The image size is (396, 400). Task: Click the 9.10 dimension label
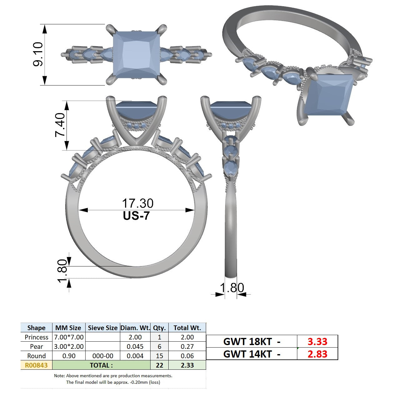[38, 54]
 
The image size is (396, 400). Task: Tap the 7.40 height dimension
[60, 125]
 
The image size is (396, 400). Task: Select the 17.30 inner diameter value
[138, 203]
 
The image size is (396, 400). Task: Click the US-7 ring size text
[136, 216]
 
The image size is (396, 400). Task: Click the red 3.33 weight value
[317, 341]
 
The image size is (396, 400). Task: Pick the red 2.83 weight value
[317, 354]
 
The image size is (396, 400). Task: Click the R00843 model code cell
[36, 365]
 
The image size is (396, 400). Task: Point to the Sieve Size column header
[103, 328]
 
